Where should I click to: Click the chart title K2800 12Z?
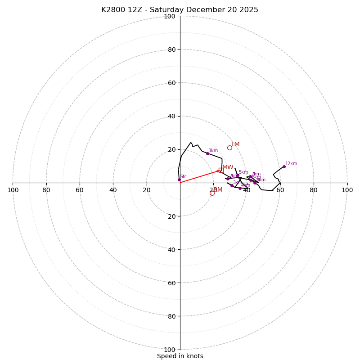pos(180,10)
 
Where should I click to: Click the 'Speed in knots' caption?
pos(180,356)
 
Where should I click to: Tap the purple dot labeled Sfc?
pos(179,180)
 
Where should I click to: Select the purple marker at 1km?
pos(207,153)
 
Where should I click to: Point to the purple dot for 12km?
pos(284,166)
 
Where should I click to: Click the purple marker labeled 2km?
pos(228,179)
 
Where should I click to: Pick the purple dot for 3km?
pos(232,185)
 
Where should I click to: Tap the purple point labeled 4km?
pos(240,188)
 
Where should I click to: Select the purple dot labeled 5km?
pos(238,175)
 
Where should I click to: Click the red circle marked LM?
pos(229,148)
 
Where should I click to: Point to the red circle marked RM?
pos(212,193)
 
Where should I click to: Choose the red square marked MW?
pos(220,170)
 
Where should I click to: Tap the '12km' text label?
pos(291,164)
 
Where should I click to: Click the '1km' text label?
pos(213,151)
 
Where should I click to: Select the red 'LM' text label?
pos(235,144)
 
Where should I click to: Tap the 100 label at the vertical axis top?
pos(170,16)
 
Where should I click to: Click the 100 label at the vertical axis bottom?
pos(170,349)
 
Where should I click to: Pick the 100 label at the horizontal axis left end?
pos(13,190)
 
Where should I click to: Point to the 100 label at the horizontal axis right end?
pos(347,190)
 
